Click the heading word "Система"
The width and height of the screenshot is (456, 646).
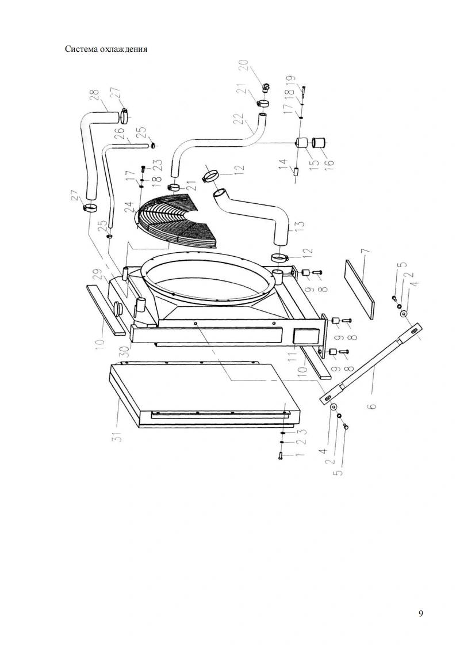(83, 49)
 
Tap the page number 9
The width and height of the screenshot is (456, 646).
(421, 613)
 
